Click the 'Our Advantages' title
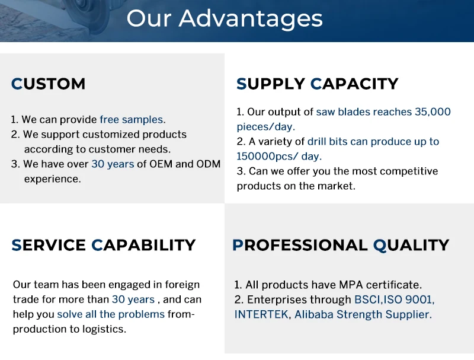225,19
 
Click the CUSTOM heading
49,84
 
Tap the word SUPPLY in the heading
271,84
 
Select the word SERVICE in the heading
49,245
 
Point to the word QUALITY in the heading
411,246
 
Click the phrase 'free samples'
132,119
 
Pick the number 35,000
433,112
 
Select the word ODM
209,164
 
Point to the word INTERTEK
261,314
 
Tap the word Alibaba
314,314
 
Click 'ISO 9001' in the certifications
408,300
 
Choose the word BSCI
367,300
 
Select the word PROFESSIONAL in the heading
300,246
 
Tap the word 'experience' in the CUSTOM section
52,179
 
